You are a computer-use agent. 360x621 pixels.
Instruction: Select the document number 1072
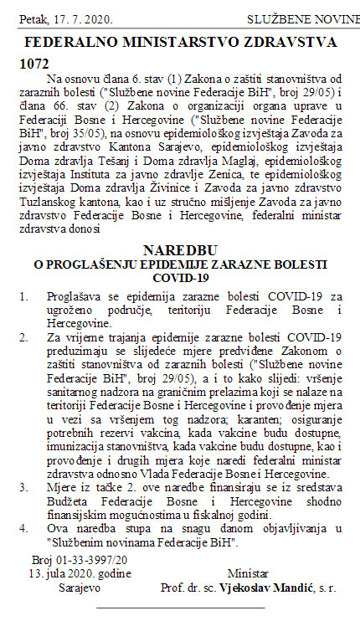pos(33,64)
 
